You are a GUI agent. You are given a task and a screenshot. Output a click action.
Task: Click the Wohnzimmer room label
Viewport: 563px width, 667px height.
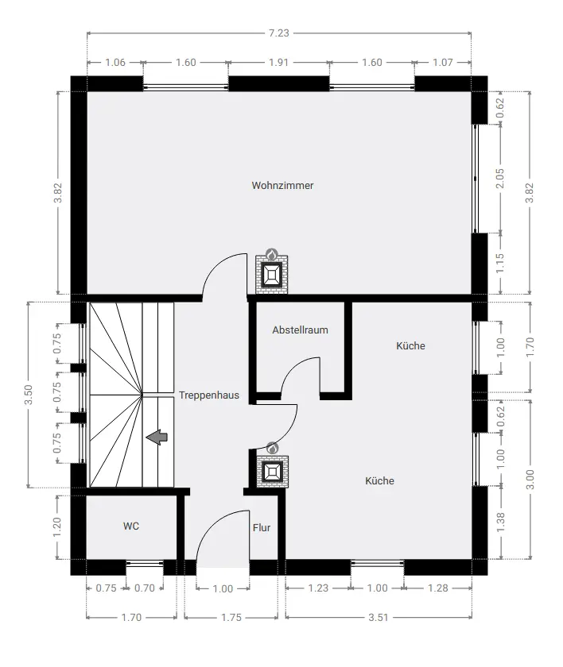point(282,186)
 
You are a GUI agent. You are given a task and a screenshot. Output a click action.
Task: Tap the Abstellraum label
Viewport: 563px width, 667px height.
point(301,330)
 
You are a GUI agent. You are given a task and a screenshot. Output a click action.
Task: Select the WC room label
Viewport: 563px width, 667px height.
point(131,526)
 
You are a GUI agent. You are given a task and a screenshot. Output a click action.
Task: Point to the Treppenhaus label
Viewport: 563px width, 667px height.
point(209,395)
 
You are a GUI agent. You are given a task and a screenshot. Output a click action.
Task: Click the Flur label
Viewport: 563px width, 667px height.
point(262,528)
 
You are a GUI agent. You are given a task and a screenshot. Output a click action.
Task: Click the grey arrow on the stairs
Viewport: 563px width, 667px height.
point(157,438)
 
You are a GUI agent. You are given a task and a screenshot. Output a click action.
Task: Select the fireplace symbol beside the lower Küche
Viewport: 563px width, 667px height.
point(272,469)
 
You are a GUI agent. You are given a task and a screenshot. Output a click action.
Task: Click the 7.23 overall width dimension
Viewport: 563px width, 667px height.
point(279,33)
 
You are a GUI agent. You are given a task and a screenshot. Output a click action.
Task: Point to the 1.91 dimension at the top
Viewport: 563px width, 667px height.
point(279,63)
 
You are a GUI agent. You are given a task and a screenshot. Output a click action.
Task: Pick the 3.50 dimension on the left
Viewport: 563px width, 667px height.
point(29,395)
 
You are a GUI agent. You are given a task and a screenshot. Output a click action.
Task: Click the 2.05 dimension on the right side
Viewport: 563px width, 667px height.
point(500,179)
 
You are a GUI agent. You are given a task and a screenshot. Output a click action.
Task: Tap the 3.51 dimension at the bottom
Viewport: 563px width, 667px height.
point(379,617)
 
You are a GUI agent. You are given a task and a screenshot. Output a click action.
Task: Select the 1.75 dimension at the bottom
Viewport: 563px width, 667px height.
point(231,617)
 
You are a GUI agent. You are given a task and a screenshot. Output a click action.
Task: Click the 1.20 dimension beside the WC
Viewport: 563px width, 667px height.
point(57,527)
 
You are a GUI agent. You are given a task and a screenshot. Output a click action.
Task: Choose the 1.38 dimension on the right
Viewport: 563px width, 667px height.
point(501,522)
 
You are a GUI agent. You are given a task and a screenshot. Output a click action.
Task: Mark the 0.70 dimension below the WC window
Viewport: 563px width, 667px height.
point(145,588)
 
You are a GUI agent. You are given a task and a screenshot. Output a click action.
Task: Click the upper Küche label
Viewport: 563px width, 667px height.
point(410,346)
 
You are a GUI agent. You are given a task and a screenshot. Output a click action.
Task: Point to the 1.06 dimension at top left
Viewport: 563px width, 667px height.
point(115,63)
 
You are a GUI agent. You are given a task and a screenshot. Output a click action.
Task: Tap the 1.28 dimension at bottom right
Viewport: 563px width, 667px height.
point(438,588)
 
